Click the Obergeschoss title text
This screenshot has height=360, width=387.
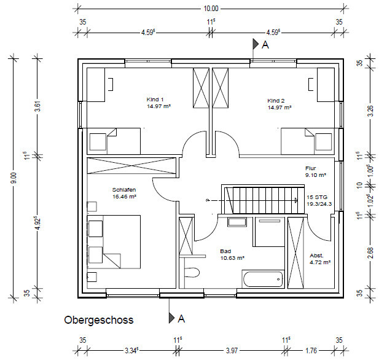point(99,320)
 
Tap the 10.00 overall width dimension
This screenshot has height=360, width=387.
point(211,9)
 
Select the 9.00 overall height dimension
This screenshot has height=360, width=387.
point(14,178)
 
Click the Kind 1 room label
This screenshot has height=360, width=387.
point(155,100)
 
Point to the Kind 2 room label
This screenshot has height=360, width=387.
point(276,101)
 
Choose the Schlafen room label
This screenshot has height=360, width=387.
point(124,190)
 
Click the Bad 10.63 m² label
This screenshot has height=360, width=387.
point(232,254)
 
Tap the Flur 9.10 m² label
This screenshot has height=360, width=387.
point(316,171)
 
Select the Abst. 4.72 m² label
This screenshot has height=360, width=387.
point(320,259)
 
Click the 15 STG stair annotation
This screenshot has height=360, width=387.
point(317,197)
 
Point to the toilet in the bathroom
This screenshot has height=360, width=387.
point(192,273)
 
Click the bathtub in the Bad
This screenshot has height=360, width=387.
point(263,279)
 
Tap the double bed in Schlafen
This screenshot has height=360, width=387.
point(114,241)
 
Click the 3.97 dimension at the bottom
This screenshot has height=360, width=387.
point(232,350)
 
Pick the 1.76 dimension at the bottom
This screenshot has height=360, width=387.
point(311,350)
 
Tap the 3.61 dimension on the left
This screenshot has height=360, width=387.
point(37,106)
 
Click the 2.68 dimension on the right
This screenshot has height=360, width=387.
point(370,253)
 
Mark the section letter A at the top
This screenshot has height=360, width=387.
point(265,45)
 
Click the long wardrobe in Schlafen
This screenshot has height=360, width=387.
point(131,165)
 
